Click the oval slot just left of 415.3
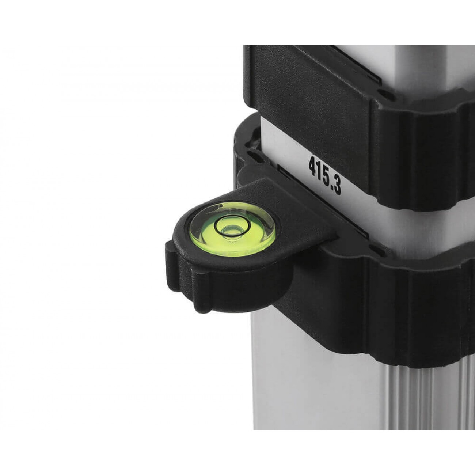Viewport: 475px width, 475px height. (x=255, y=156)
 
